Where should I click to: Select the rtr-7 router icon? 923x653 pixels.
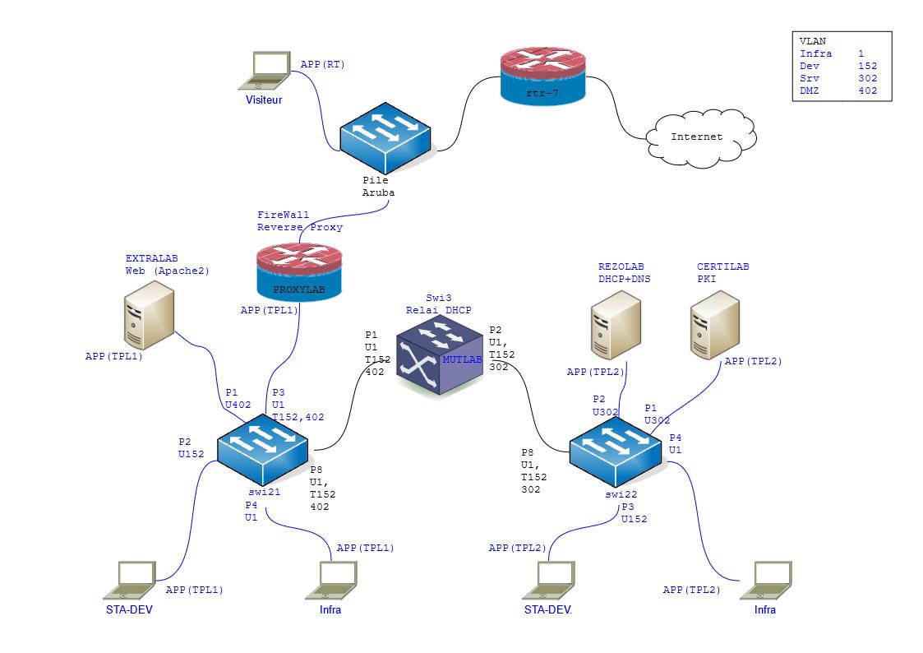pos(543,76)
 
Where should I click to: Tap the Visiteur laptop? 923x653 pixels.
pos(265,72)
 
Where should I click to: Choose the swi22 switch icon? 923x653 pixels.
pos(616,450)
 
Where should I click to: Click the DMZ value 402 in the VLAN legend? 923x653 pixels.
pos(867,91)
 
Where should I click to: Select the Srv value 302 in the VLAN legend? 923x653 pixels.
pos(867,79)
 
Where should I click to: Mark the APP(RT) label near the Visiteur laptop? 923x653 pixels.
pos(323,63)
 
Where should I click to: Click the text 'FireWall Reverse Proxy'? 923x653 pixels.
pos(300,220)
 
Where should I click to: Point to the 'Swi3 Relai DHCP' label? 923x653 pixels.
pos(438,303)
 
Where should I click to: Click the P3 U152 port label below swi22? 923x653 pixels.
pos(634,513)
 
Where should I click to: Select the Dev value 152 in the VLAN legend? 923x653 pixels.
pos(867,66)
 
